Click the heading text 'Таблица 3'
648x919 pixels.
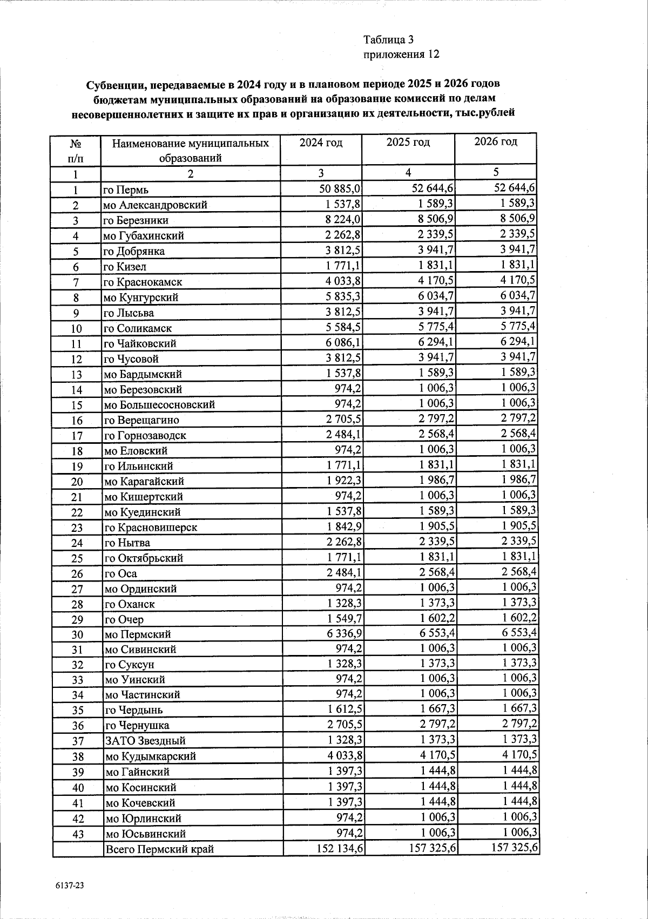click(x=388, y=39)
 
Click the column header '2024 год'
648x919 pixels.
click(x=321, y=143)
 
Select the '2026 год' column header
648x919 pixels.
click(x=495, y=142)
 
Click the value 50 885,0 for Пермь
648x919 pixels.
click(x=339, y=188)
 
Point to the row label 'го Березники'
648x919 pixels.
click(x=136, y=220)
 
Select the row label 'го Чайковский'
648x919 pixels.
click(x=140, y=343)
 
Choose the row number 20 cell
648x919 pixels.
click(x=77, y=482)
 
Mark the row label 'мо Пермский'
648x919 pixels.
click(x=138, y=634)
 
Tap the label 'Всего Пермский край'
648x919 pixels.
click(x=159, y=849)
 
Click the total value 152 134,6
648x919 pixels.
click(x=340, y=848)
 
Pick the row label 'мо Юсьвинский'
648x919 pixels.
click(x=145, y=834)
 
